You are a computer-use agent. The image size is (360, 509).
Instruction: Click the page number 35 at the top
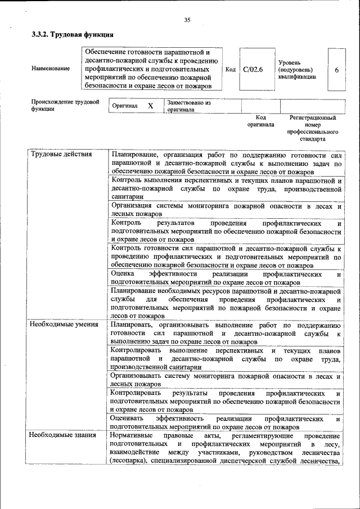187,20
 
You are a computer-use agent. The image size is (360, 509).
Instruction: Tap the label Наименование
51,69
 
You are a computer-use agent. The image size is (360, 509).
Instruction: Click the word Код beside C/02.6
230,70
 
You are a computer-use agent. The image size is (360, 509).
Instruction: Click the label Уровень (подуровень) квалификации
296,70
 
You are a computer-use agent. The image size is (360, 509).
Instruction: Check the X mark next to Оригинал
150,106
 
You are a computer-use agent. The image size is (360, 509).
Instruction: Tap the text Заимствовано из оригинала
188,106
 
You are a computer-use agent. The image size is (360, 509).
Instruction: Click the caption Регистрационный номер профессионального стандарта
313,128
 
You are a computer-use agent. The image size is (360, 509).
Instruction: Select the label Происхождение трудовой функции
65,106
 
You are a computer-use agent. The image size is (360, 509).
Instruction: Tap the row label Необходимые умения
65,325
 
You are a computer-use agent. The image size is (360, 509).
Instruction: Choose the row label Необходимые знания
64,436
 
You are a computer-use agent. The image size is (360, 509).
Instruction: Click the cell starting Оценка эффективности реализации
226,278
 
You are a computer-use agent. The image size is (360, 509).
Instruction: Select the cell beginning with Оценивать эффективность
226,422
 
